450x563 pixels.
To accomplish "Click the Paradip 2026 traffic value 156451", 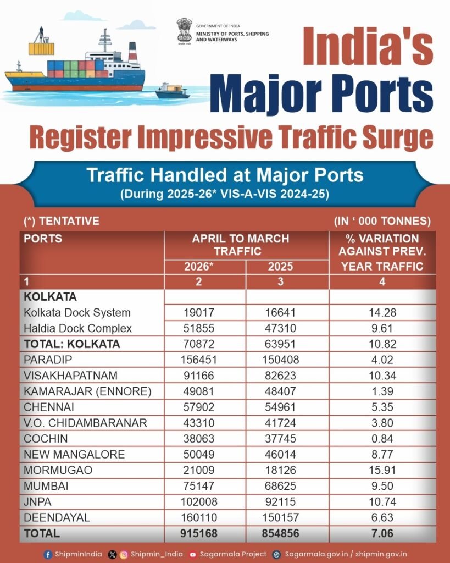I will click(199, 360).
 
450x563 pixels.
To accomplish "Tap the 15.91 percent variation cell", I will click(382, 471).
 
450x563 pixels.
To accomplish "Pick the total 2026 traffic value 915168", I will click(199, 533).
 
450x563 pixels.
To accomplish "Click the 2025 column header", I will click(280, 267).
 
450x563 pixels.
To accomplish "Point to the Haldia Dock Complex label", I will click(78, 328).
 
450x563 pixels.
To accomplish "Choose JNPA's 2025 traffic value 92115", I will click(280, 502).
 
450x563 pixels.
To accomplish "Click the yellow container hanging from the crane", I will click(41, 48).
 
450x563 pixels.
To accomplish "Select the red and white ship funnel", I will click(132, 52).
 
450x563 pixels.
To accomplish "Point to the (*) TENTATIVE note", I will click(62, 221).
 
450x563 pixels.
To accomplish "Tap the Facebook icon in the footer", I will click(48, 554).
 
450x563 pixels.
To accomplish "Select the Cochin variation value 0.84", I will click(382, 439).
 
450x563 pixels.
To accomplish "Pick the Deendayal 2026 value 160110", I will click(199, 517).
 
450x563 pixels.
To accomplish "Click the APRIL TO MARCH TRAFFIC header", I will click(240, 245).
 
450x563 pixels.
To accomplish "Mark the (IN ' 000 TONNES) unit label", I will click(382, 221).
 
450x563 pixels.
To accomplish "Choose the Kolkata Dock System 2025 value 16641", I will click(280, 312).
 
